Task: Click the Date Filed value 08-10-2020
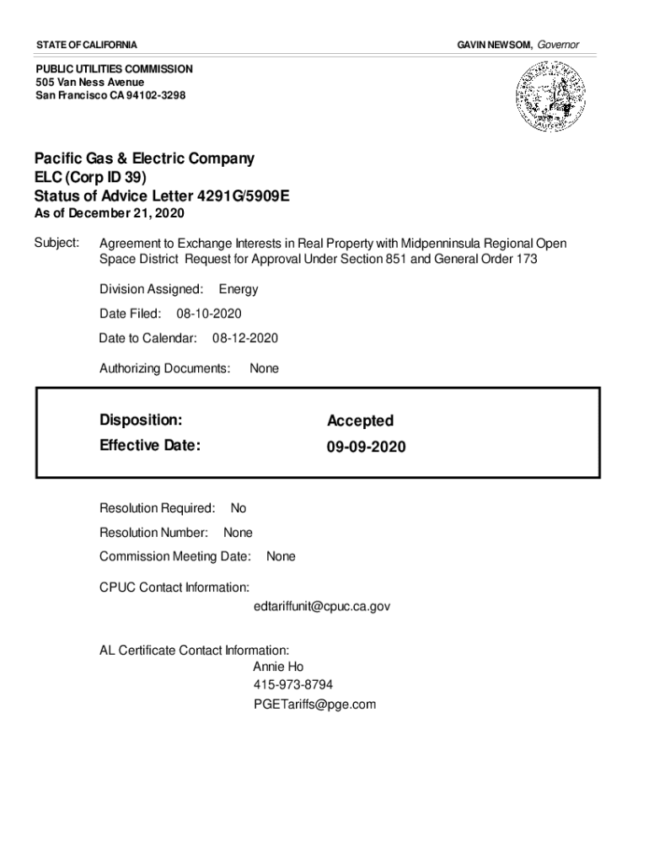click(208, 314)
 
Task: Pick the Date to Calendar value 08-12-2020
click(244, 338)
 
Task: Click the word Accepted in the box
click(360, 421)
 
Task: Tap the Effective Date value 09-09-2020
click(366, 447)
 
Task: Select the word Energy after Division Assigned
click(239, 289)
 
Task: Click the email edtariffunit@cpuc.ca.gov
click(321, 606)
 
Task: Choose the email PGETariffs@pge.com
click(314, 704)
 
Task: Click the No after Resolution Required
click(239, 508)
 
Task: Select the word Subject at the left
click(56, 244)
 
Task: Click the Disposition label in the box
click(140, 420)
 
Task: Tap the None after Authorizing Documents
click(264, 368)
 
